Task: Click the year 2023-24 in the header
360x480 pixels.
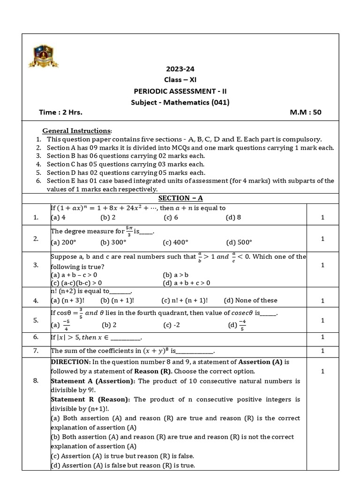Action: pyautogui.click(x=180, y=68)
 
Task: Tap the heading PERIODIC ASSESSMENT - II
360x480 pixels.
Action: pyautogui.click(x=180, y=90)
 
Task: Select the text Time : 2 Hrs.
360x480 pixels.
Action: pyautogui.click(x=61, y=112)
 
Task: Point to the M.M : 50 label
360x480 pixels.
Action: pyautogui.click(x=306, y=112)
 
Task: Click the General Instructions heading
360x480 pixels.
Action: pyautogui.click(x=77, y=130)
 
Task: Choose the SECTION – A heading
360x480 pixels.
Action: pyautogui.click(x=180, y=198)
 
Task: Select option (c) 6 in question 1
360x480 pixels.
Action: pyautogui.click(x=171, y=217)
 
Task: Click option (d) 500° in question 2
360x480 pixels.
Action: pyautogui.click(x=239, y=242)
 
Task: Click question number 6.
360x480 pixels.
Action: pyautogui.click(x=36, y=337)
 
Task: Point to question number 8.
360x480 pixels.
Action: pyautogui.click(x=36, y=380)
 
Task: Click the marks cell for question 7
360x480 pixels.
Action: pyautogui.click(x=322, y=351)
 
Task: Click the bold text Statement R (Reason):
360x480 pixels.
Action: pyautogui.click(x=91, y=399)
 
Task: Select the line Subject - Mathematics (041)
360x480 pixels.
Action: pyautogui.click(x=180, y=102)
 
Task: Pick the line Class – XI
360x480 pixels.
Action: pyautogui.click(x=180, y=79)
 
